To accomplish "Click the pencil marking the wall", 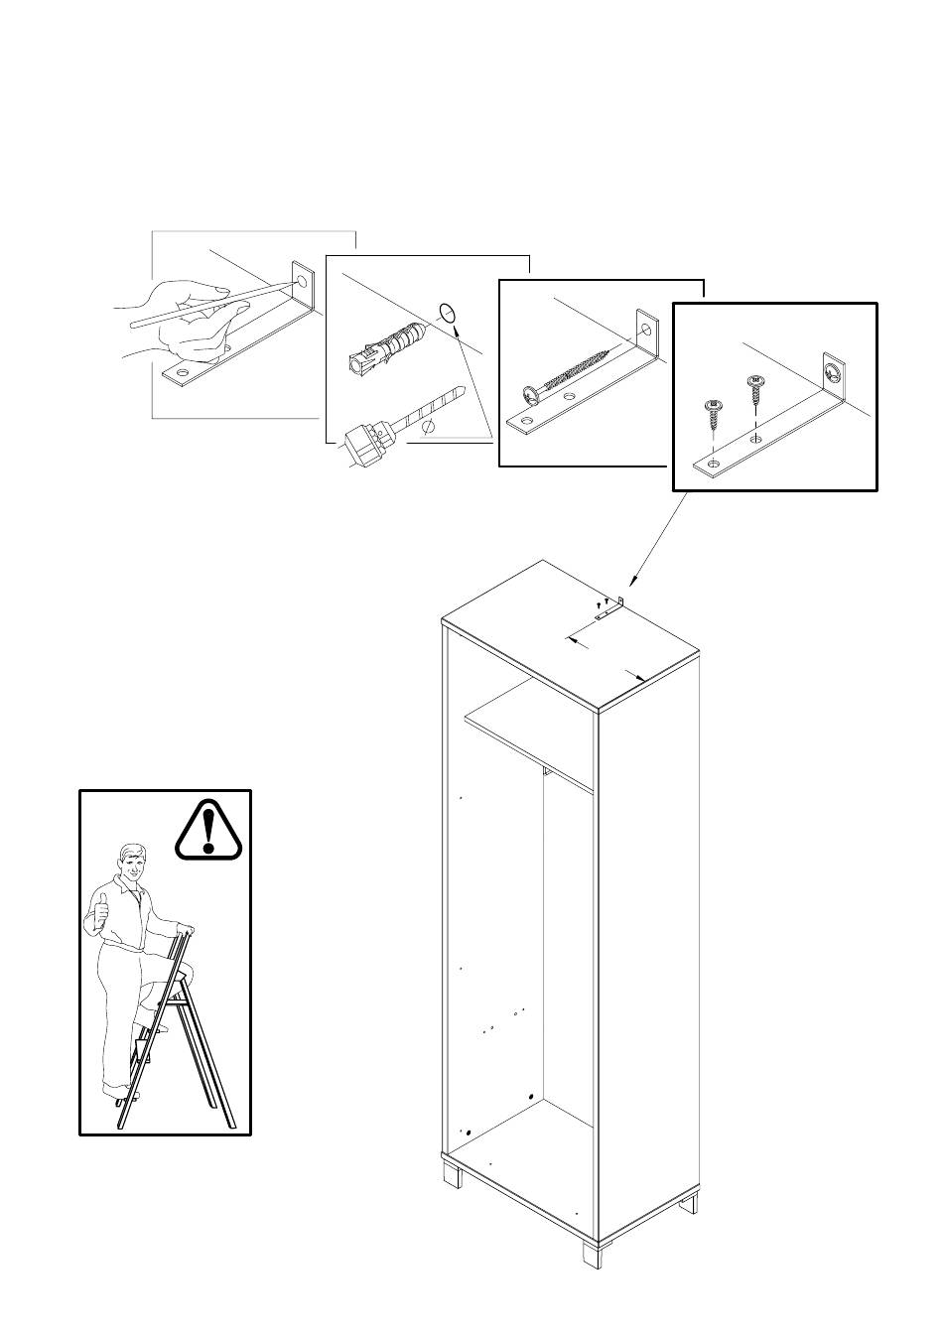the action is (213, 304).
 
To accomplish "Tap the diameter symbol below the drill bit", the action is (429, 426).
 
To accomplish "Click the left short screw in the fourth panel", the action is (713, 412).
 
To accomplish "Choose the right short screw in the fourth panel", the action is (754, 389).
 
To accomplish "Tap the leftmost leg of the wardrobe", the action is (454, 1175).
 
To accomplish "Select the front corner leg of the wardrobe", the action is (592, 1252).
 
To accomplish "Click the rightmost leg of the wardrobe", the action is (690, 1203).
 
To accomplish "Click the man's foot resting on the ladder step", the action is (155, 1027).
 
